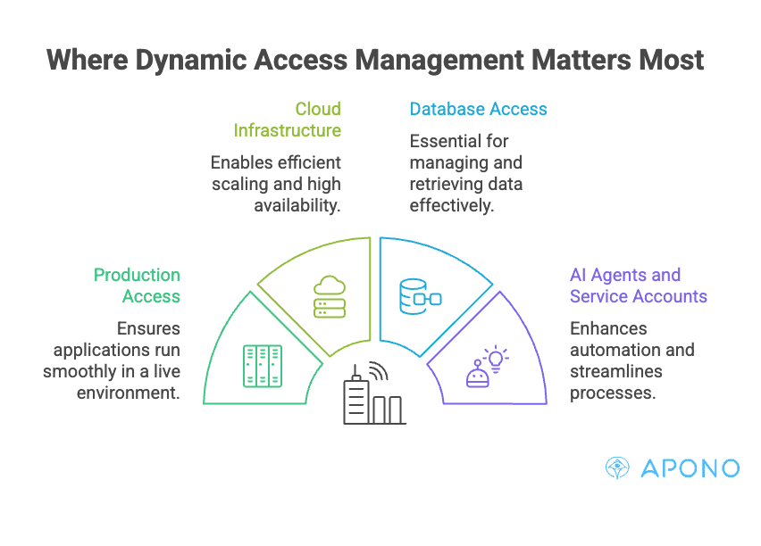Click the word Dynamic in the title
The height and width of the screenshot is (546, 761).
(x=191, y=61)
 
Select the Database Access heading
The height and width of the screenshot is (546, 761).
(x=478, y=109)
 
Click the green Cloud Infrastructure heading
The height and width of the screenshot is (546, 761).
(x=288, y=120)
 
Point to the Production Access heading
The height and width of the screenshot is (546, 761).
(x=137, y=285)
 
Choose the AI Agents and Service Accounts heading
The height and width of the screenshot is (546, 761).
(x=639, y=285)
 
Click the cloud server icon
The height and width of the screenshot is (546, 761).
(x=330, y=297)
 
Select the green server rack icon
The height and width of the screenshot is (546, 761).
(x=263, y=366)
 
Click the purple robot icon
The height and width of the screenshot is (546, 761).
(x=478, y=375)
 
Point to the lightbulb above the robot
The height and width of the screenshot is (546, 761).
(x=496, y=359)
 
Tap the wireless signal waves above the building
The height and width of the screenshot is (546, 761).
(x=379, y=370)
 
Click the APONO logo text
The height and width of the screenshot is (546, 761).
(x=690, y=468)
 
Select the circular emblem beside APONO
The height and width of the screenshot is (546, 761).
(x=617, y=467)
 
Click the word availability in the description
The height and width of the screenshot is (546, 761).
(x=297, y=205)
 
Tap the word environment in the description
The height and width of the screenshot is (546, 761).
(x=128, y=393)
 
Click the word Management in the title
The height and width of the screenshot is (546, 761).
(x=439, y=61)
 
